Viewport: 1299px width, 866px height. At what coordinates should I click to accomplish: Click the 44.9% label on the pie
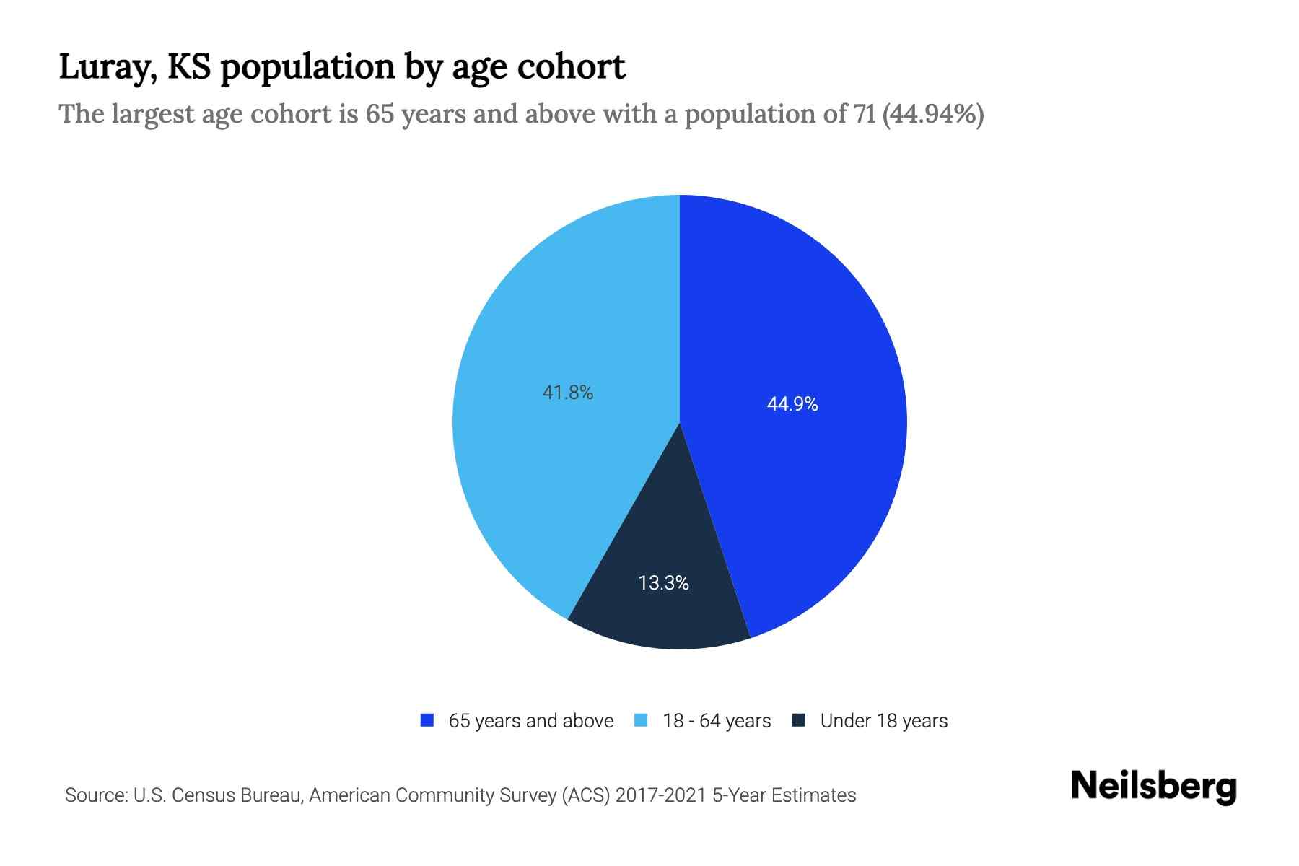(x=792, y=404)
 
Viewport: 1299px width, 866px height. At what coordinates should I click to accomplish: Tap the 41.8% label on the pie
(x=567, y=393)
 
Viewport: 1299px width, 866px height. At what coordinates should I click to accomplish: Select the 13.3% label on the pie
(x=663, y=583)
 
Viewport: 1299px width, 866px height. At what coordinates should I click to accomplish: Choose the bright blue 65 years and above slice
(x=808, y=325)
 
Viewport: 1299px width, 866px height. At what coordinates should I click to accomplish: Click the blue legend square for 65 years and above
(x=427, y=720)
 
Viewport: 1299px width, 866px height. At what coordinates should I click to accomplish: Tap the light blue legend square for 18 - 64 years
(x=641, y=720)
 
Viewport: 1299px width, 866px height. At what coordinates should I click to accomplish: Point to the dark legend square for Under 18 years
(x=798, y=720)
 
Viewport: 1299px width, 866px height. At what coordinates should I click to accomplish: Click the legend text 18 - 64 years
(x=717, y=721)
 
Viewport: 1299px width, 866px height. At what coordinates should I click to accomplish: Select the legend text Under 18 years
(x=883, y=721)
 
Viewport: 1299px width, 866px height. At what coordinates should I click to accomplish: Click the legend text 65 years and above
(x=530, y=721)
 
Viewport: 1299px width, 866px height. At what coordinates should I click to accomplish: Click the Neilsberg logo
(x=1153, y=787)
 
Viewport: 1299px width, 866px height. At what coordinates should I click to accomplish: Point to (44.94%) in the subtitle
(x=932, y=114)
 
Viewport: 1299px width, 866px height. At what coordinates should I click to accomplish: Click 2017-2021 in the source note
(x=660, y=795)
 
